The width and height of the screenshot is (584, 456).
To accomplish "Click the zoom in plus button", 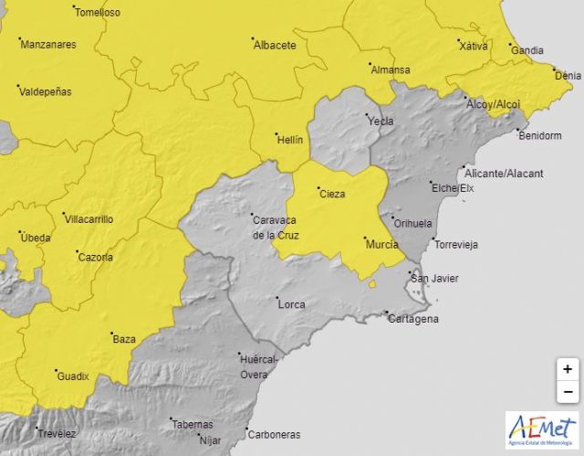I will tap(568, 369).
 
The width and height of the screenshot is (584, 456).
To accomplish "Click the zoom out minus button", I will tap(568, 391).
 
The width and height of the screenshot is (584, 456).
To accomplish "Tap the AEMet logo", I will tap(543, 430).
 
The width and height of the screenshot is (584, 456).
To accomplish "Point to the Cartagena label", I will tap(413, 319).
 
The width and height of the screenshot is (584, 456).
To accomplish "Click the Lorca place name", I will tap(293, 303).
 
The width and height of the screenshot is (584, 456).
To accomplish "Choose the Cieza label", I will tap(332, 194).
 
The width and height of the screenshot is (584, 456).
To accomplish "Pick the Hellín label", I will tap(289, 140).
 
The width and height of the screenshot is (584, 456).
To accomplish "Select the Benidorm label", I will tap(538, 136).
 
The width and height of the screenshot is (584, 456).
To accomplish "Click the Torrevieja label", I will tap(456, 245).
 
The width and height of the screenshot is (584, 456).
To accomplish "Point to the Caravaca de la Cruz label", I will tap(275, 226).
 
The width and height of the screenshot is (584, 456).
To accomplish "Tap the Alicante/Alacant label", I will tap(504, 174).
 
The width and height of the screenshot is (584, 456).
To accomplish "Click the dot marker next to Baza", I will tap(110, 334).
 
